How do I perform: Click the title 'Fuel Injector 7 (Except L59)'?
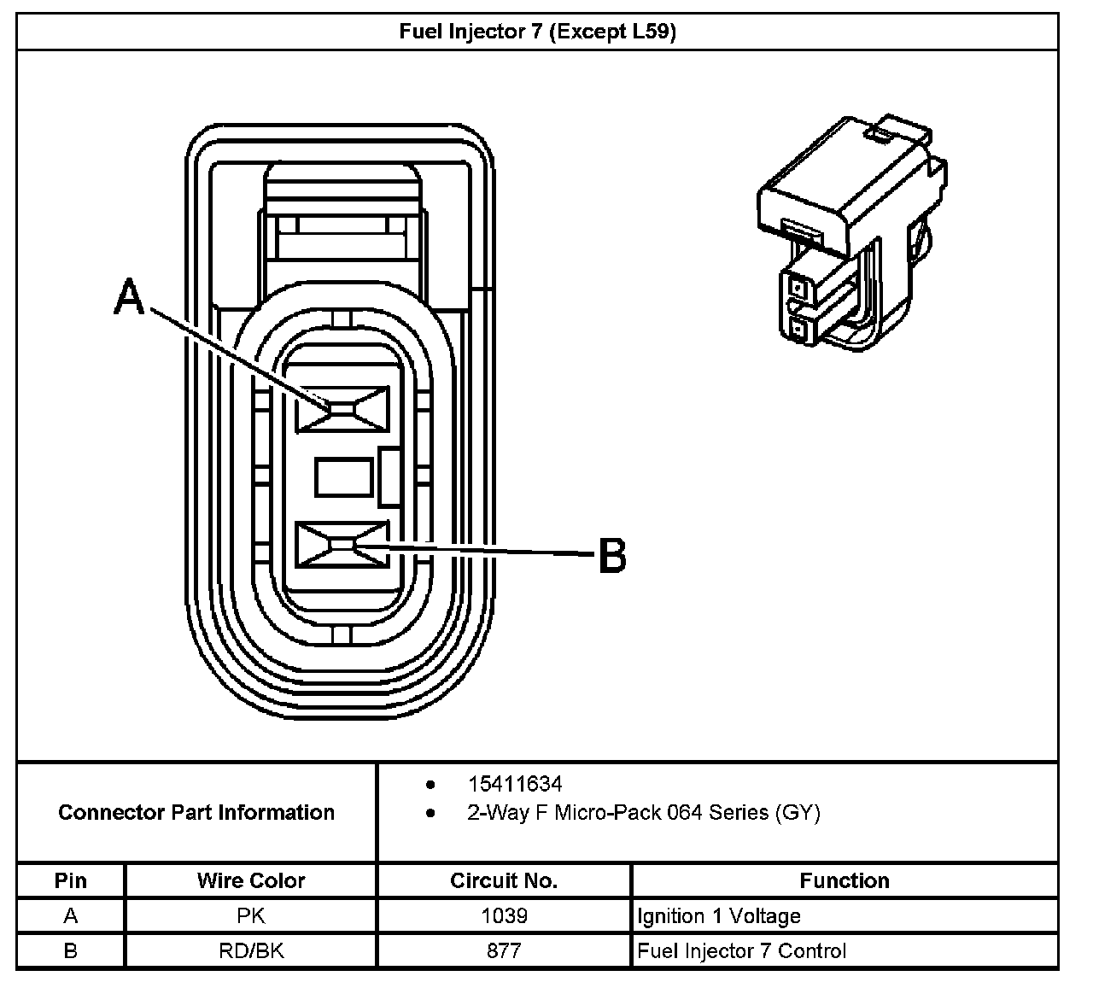click(x=538, y=32)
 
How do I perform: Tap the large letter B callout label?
click(x=611, y=555)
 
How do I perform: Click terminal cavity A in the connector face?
click(x=342, y=408)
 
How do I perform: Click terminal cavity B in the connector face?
click(x=342, y=544)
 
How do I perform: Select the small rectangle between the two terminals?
click(x=343, y=476)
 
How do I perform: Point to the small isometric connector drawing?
click(x=854, y=235)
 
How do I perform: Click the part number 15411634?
click(x=514, y=784)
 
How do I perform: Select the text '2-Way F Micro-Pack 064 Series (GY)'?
click(x=643, y=812)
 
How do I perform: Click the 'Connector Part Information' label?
click(x=196, y=812)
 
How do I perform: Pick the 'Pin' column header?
click(x=71, y=880)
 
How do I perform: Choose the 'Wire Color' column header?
click(x=251, y=880)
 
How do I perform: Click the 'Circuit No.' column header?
click(x=504, y=880)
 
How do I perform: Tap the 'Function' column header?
click(x=845, y=880)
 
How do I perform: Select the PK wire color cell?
click(x=251, y=916)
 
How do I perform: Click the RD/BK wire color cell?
click(x=251, y=950)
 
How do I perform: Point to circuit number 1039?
click(x=504, y=916)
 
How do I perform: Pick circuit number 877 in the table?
click(x=504, y=950)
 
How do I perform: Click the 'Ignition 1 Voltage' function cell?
click(x=719, y=916)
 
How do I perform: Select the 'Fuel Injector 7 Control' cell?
click(x=742, y=950)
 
